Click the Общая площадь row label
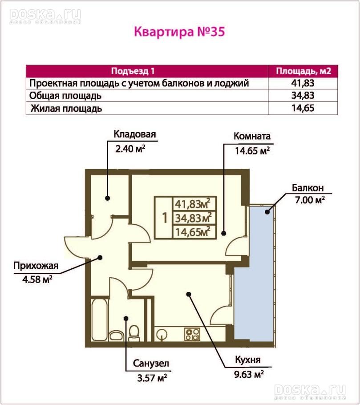65,96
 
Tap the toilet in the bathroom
133,332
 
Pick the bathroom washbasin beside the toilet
116,335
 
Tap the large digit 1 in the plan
165,218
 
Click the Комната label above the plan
252,136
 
